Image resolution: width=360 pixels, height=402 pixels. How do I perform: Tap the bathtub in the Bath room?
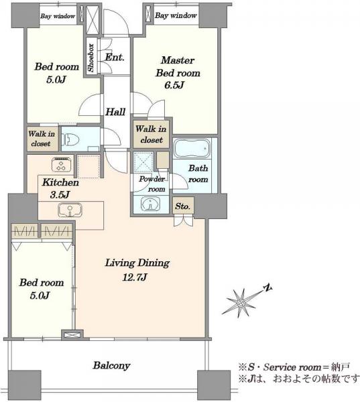point(192,148)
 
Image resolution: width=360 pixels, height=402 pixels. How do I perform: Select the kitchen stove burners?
point(62,165)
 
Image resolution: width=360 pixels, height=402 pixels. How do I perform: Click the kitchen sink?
point(70,210)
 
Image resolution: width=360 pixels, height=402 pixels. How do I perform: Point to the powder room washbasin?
point(151,204)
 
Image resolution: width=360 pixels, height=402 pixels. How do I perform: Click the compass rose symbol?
point(241,303)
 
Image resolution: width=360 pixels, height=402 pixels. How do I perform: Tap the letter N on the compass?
point(268,287)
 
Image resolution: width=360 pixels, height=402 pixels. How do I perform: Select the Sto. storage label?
point(183,206)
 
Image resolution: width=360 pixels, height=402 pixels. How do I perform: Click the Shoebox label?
point(91,58)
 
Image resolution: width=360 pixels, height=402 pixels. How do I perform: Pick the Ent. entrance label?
point(115,57)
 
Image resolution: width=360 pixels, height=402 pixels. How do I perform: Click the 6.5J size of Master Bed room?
point(174,85)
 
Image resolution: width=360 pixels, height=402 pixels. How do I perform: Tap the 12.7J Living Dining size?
point(135,277)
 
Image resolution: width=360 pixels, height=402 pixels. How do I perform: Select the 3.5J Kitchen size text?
point(60,195)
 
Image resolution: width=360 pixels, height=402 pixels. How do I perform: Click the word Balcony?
point(111,365)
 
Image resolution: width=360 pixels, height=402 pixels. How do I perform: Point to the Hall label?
point(115,112)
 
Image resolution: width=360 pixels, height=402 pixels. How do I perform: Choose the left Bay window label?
point(58,16)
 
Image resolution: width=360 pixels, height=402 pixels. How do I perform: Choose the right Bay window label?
point(176,15)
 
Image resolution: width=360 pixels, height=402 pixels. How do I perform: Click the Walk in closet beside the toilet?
point(41,139)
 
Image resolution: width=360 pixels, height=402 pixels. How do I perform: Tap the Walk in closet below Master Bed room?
point(151,134)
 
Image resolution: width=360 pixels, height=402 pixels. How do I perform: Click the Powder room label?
point(152,184)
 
